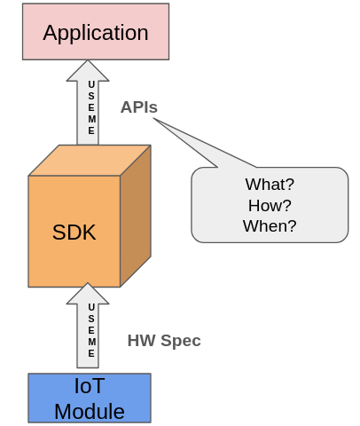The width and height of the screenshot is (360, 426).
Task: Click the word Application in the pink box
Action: point(96,33)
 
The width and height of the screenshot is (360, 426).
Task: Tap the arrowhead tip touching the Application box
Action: point(88,62)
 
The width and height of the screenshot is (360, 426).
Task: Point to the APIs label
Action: point(139,107)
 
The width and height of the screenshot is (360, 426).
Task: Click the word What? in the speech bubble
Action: point(270,185)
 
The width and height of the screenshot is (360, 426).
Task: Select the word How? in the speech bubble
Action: point(270,205)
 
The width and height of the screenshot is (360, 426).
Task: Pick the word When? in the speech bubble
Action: point(270,225)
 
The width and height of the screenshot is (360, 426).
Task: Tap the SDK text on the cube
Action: point(74,233)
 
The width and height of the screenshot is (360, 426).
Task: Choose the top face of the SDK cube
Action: point(89,161)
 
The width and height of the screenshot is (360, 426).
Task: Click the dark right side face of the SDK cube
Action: point(135,216)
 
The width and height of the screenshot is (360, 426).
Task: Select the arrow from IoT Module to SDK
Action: point(88,328)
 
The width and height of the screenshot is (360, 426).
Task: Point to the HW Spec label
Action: point(164,341)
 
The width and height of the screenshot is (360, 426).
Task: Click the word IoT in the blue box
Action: point(89,386)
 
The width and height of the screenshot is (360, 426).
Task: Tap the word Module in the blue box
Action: point(89,411)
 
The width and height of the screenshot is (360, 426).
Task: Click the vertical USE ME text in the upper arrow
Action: point(91,107)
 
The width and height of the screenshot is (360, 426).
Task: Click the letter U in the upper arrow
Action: point(91,85)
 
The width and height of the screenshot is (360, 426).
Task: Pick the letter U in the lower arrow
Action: point(91,307)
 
